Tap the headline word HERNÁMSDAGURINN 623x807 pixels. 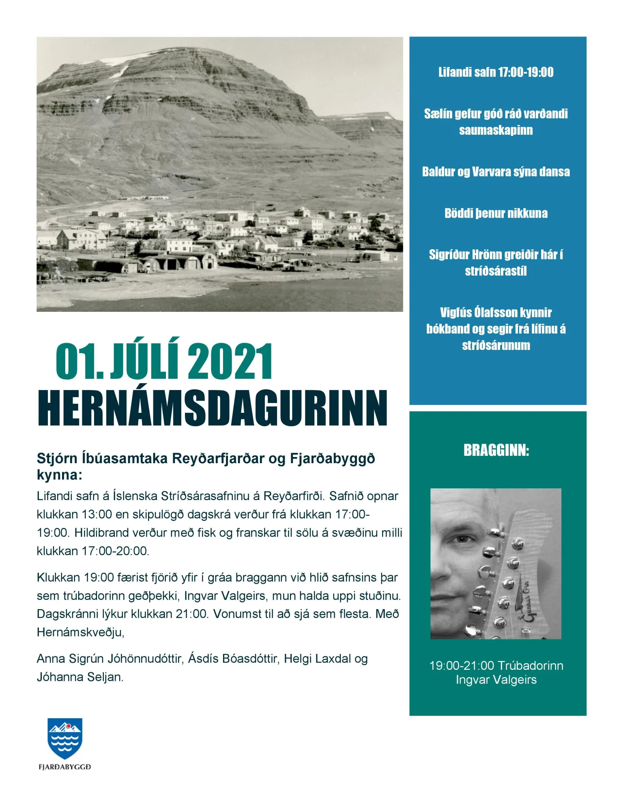(x=213, y=408)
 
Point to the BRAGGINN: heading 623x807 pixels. (x=496, y=451)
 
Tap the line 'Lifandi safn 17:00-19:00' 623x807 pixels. (x=496, y=72)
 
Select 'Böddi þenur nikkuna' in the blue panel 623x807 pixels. (x=496, y=213)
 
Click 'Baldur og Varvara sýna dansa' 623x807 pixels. (x=496, y=172)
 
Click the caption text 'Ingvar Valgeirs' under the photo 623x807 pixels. (x=496, y=680)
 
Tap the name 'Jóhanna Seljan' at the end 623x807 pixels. (x=80, y=677)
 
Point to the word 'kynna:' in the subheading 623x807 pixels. (x=59, y=475)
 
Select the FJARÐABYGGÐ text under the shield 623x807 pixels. (x=65, y=767)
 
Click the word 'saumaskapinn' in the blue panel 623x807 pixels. (x=496, y=130)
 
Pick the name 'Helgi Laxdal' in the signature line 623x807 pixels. (x=317, y=658)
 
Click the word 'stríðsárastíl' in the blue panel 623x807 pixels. (x=496, y=271)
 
